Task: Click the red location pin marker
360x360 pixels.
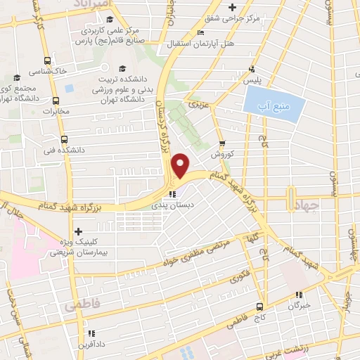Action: [181, 165]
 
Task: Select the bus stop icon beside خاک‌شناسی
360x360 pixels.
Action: [46, 61]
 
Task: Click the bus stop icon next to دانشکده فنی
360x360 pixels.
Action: [65, 139]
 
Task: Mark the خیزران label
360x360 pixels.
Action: [299, 307]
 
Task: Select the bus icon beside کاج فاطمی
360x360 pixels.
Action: [260, 307]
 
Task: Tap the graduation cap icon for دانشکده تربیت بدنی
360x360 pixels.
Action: [123, 69]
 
